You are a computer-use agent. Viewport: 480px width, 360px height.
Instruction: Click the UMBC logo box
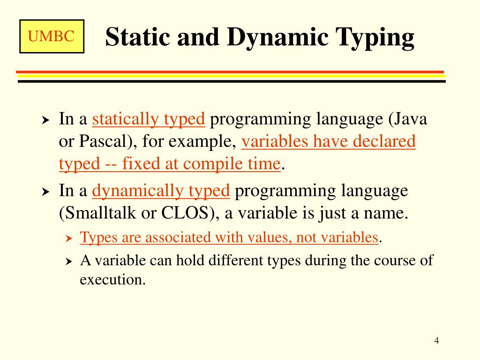(x=52, y=36)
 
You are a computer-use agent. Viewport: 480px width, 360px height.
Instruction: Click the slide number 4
(x=436, y=340)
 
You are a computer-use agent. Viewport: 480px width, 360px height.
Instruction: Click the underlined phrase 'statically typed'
(x=149, y=120)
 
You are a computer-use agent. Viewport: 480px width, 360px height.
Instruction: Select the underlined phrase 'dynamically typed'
(x=161, y=191)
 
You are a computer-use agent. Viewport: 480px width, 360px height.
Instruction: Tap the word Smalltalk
(x=99, y=213)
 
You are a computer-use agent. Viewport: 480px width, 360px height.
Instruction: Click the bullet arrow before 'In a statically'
(x=45, y=120)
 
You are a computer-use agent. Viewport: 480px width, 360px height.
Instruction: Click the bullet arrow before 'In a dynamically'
(x=45, y=192)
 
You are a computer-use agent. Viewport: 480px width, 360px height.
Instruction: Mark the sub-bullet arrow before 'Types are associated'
(x=68, y=239)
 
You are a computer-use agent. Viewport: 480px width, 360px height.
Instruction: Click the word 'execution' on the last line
(x=112, y=280)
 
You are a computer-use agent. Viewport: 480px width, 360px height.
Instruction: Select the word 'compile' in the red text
(x=210, y=164)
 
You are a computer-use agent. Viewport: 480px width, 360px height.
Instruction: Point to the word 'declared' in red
(x=384, y=142)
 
